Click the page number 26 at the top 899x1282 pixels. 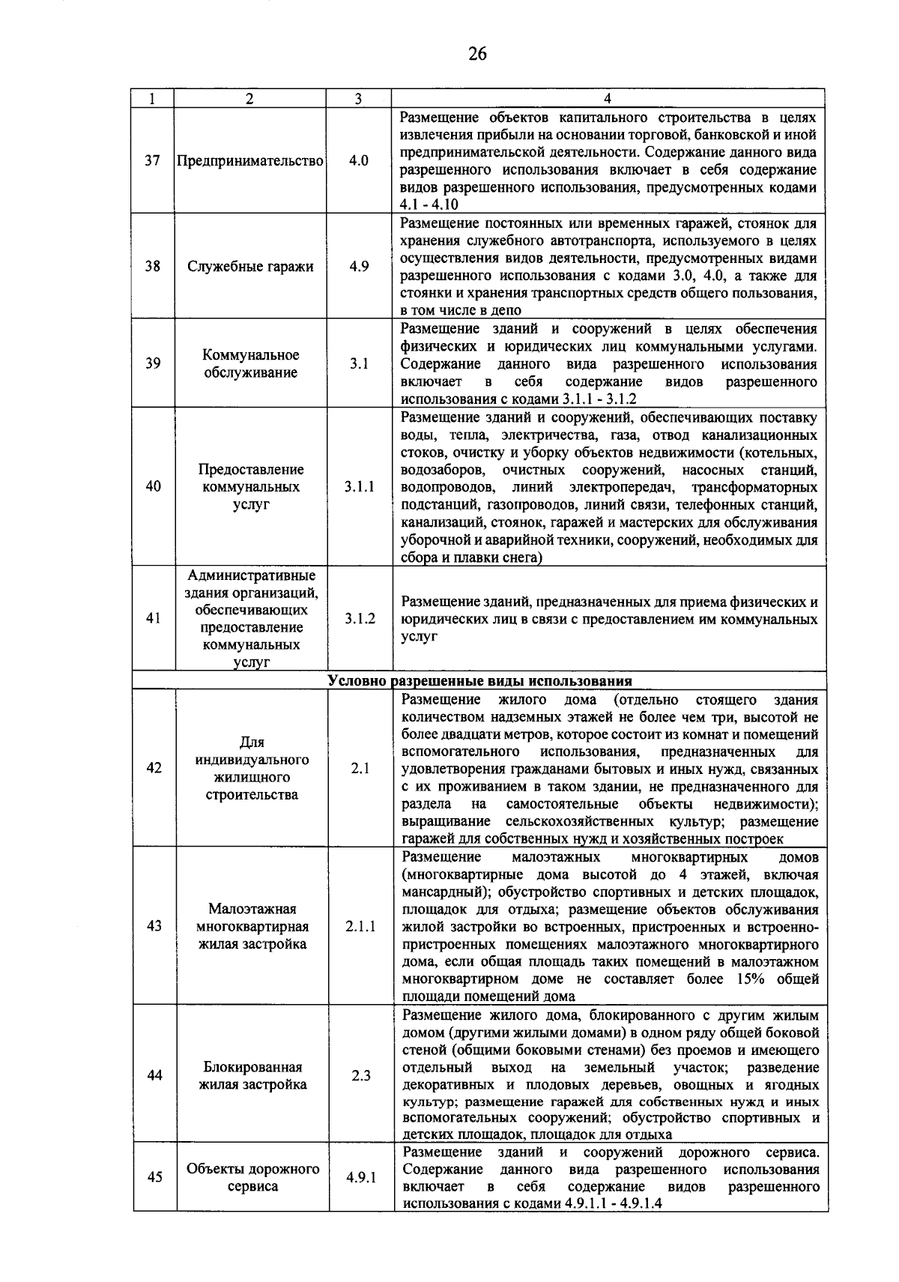point(476,53)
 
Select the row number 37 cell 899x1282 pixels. point(153,161)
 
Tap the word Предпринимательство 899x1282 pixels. point(249,161)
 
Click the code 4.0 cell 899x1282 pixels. point(359,161)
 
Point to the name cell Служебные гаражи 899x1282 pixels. point(250,267)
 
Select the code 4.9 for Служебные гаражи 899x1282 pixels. point(359,267)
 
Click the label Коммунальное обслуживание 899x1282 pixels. point(250,364)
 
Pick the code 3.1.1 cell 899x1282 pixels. point(360,487)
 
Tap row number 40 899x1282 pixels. point(153,487)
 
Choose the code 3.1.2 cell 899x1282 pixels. point(360,619)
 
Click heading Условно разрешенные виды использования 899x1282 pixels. point(479,681)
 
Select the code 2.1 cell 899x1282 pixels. point(360,769)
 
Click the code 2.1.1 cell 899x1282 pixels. point(360,926)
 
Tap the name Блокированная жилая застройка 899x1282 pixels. point(252,1076)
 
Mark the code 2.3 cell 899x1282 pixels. point(361,1076)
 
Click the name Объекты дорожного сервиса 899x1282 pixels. point(252,1177)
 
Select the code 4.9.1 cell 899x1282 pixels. point(361,1177)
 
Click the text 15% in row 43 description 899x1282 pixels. point(755,979)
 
